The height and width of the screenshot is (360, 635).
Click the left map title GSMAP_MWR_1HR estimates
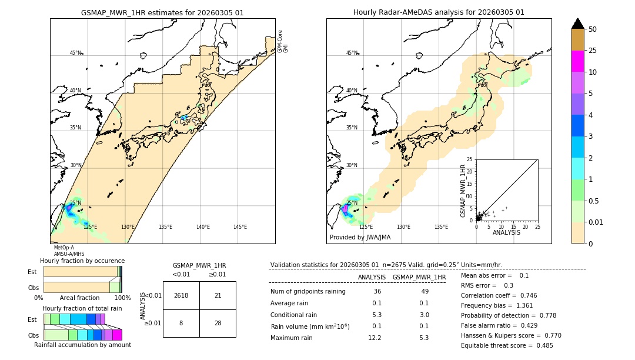162,12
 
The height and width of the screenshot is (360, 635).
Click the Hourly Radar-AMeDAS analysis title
439,12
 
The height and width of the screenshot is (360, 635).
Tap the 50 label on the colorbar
593,29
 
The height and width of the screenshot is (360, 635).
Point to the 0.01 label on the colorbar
596,222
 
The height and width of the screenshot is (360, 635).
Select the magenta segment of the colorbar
577,61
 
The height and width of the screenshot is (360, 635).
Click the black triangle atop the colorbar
577,24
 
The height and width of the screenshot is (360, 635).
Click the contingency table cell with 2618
181,295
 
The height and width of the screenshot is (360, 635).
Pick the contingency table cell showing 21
218,295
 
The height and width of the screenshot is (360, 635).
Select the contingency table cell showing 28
218,323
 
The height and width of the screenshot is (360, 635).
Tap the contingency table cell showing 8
181,323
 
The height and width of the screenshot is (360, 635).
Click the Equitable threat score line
507,345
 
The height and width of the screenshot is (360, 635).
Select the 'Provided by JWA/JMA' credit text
360,238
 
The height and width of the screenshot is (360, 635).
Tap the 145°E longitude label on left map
240,227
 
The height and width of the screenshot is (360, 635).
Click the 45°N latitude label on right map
351,53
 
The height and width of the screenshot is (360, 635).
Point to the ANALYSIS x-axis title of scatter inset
506,232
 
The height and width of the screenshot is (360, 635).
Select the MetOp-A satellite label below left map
63,248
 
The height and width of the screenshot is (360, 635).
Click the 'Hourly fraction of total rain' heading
82,308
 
